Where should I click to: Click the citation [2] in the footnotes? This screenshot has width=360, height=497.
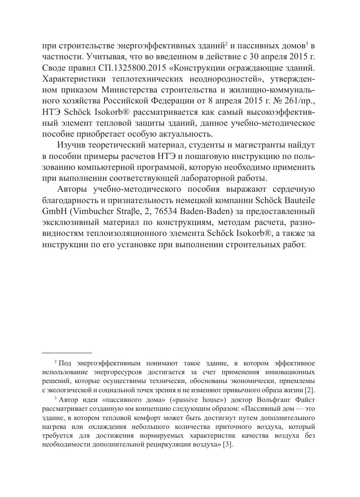(x=310, y=390)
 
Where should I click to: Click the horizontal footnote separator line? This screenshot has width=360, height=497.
(x=67, y=352)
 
